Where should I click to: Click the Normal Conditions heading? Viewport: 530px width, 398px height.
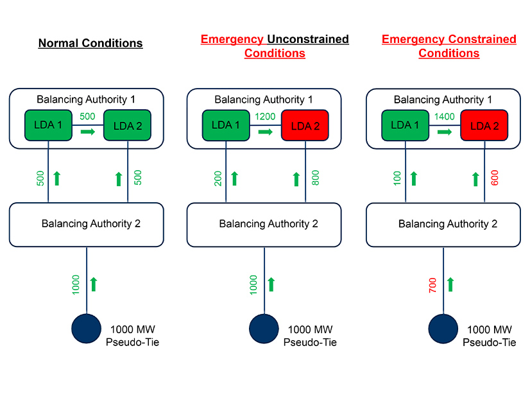tap(90, 44)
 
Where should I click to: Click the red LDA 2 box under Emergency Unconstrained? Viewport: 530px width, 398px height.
tap(305, 126)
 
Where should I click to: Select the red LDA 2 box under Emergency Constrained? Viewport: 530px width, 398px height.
tap(484, 126)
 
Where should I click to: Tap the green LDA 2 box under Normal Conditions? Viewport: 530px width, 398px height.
tap(128, 126)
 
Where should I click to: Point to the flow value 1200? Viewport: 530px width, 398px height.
tap(265, 117)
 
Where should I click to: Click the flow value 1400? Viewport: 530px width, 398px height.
tap(444, 117)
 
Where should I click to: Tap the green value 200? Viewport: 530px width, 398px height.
tap(218, 178)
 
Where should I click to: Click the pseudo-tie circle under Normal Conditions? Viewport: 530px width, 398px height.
tap(85, 328)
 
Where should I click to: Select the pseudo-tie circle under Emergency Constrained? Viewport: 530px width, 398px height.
tap(443, 328)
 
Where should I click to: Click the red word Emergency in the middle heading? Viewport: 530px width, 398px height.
tap(232, 39)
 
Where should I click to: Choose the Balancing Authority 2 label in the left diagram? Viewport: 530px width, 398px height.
tap(91, 224)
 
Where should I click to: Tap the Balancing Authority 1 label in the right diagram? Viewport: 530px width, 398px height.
tap(443, 99)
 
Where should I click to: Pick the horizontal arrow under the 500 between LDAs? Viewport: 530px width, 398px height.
tap(87, 132)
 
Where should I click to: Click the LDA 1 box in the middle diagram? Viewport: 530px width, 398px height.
tap(226, 125)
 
